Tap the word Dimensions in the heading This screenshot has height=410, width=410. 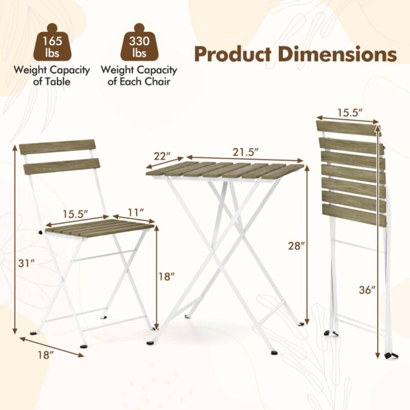[x=340, y=53]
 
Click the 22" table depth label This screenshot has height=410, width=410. [x=161, y=154]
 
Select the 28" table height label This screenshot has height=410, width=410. [x=297, y=245]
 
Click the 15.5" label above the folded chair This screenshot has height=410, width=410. [x=350, y=111]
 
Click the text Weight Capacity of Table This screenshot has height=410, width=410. [x=52, y=76]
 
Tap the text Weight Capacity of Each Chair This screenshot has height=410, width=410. [x=139, y=76]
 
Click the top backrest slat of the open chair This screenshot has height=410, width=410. [x=57, y=147]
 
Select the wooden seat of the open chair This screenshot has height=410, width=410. [x=100, y=227]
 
